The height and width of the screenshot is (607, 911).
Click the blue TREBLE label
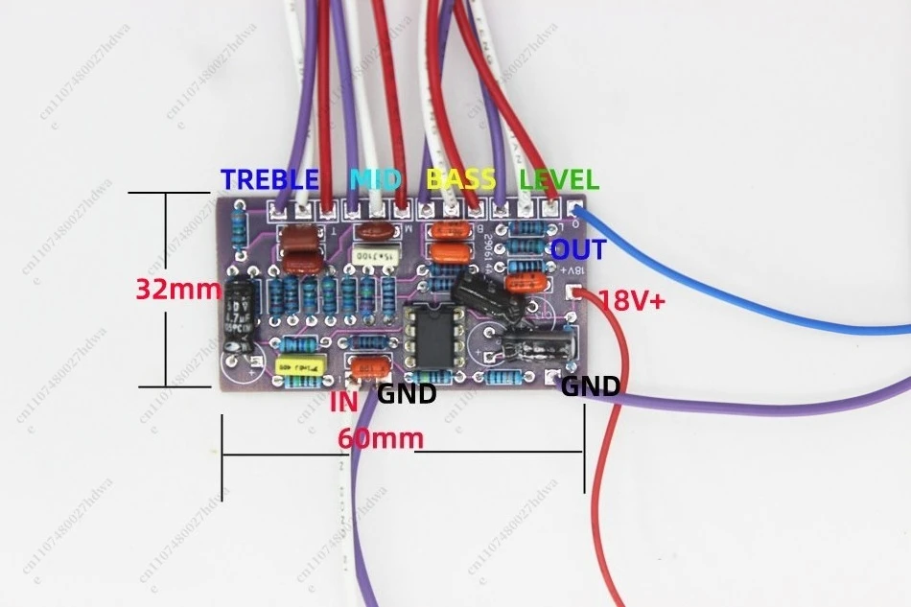pos(269,178)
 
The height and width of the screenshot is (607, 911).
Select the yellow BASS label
pos(460,178)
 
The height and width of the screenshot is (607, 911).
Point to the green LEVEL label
pos(559,178)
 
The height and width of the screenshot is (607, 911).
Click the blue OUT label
pos(578,250)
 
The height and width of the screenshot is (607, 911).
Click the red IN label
pos(344,401)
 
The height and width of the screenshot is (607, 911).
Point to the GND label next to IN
pos(407,393)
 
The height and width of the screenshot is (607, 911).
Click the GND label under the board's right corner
pos(590,386)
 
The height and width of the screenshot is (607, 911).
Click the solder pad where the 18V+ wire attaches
pos(573,293)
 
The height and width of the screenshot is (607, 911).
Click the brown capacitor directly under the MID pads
pos(372,230)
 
